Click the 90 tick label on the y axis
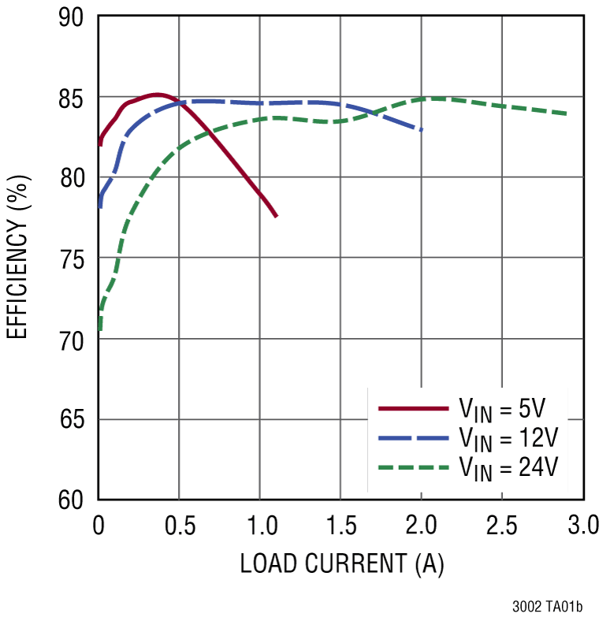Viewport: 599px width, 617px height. (x=73, y=17)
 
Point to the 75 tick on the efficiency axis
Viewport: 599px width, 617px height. (x=73, y=258)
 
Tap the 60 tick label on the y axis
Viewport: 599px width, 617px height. (x=73, y=500)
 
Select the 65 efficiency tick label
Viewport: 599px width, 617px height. (x=73, y=419)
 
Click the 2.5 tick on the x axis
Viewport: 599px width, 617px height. (x=502, y=524)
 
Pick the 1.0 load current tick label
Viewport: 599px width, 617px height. (x=259, y=524)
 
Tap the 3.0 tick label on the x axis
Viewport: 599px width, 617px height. (x=582, y=524)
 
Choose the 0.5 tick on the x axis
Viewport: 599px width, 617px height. (x=179, y=524)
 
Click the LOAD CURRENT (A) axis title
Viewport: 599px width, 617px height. (x=341, y=563)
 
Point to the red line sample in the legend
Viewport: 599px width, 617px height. (x=412, y=409)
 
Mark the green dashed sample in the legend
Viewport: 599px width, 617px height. (x=412, y=467)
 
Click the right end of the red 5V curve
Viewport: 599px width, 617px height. (x=276, y=216)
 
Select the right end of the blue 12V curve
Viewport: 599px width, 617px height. (x=422, y=129)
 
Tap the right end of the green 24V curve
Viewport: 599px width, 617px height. (x=566, y=113)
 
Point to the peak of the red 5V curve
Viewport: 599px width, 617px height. (x=157, y=95)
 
